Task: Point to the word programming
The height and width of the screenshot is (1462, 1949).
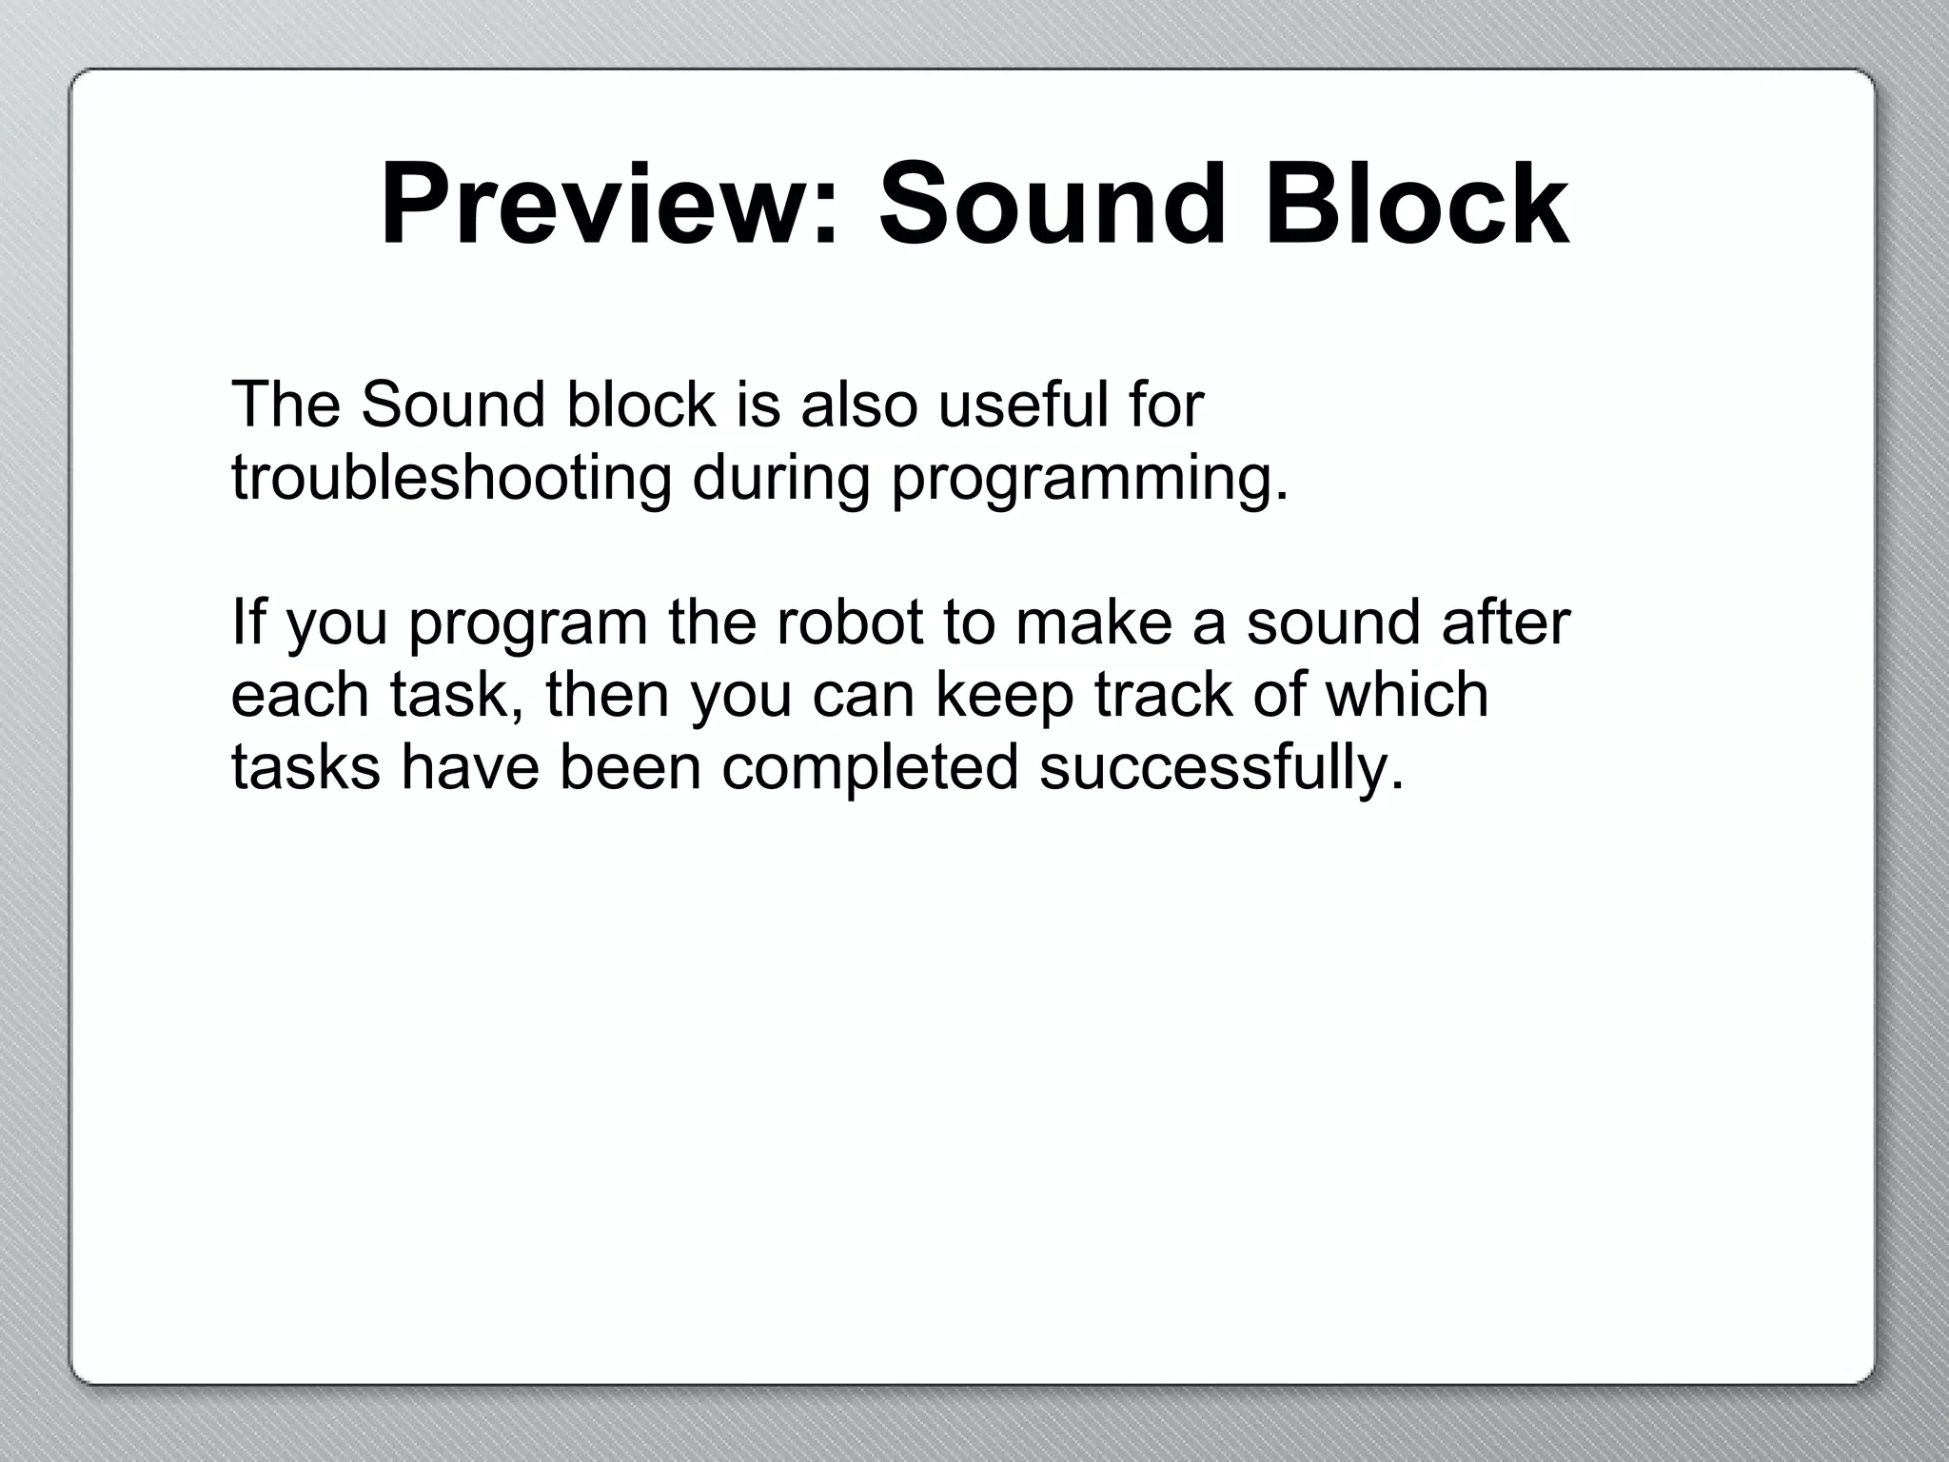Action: pos(1089,478)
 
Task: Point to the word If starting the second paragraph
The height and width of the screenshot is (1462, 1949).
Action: pos(248,622)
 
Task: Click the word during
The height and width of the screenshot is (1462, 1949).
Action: pos(780,478)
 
